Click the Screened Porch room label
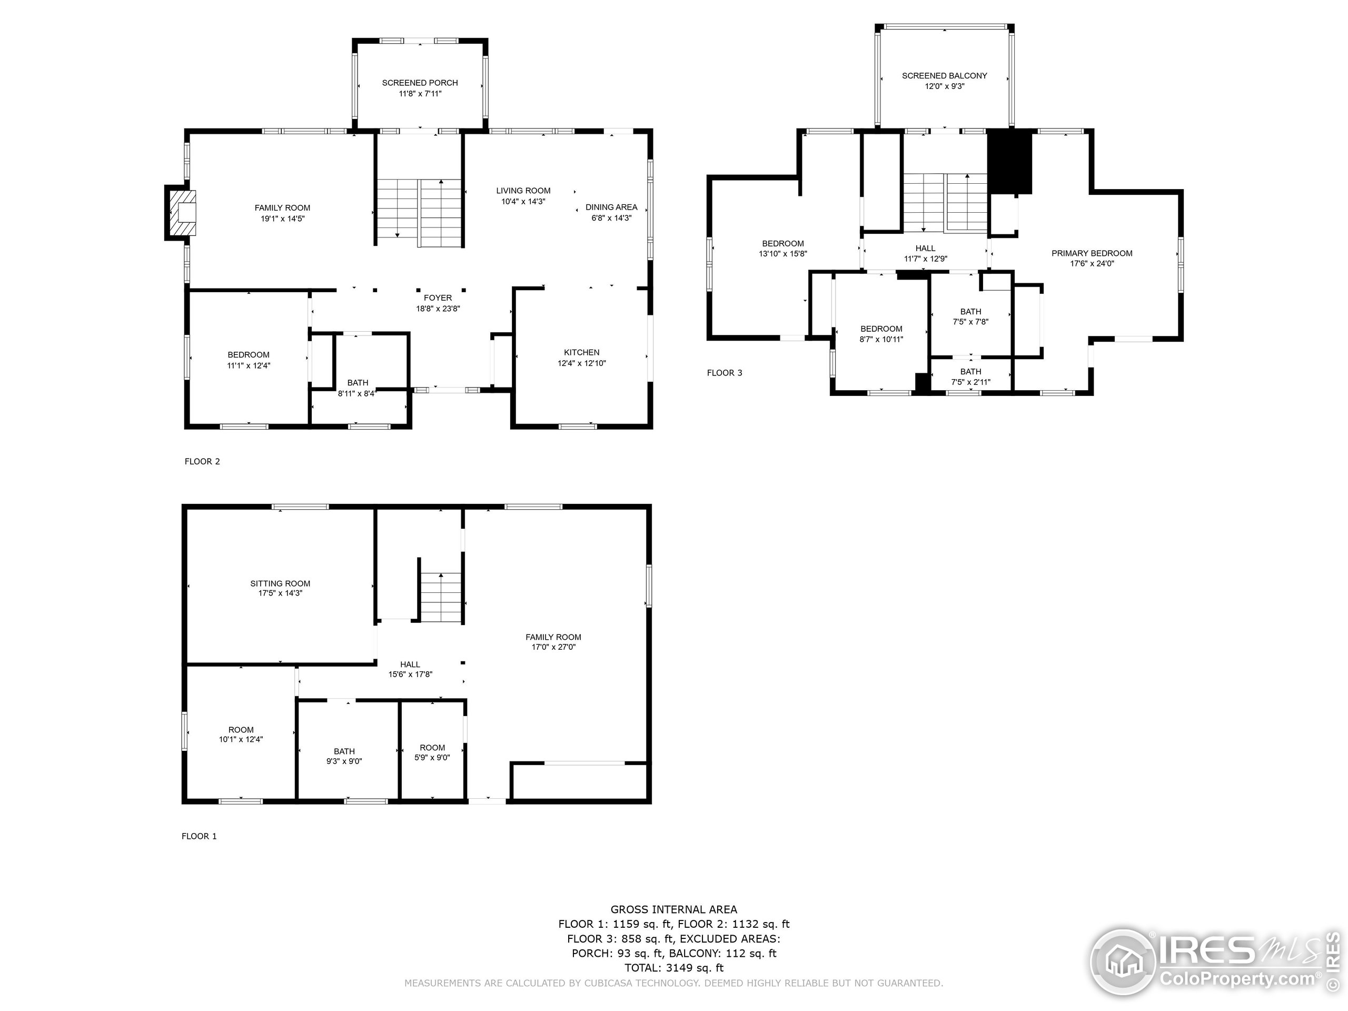click(x=420, y=83)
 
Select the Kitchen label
click(x=581, y=352)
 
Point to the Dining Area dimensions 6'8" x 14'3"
click(x=611, y=217)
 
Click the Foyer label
click(x=438, y=298)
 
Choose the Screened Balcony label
click(x=945, y=76)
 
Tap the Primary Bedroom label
click(x=1092, y=253)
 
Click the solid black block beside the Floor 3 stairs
click(x=1009, y=162)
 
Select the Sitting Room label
click(x=280, y=583)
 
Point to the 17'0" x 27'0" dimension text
click(x=553, y=647)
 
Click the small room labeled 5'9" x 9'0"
click(x=432, y=752)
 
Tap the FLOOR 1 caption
click(x=199, y=836)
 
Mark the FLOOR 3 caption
click(x=725, y=372)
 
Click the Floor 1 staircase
click(x=441, y=597)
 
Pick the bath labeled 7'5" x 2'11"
click(x=971, y=376)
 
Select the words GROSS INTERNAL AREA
click(x=673, y=909)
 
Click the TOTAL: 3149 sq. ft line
click(x=674, y=968)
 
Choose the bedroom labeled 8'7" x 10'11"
click(x=881, y=333)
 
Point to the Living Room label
click(x=523, y=191)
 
